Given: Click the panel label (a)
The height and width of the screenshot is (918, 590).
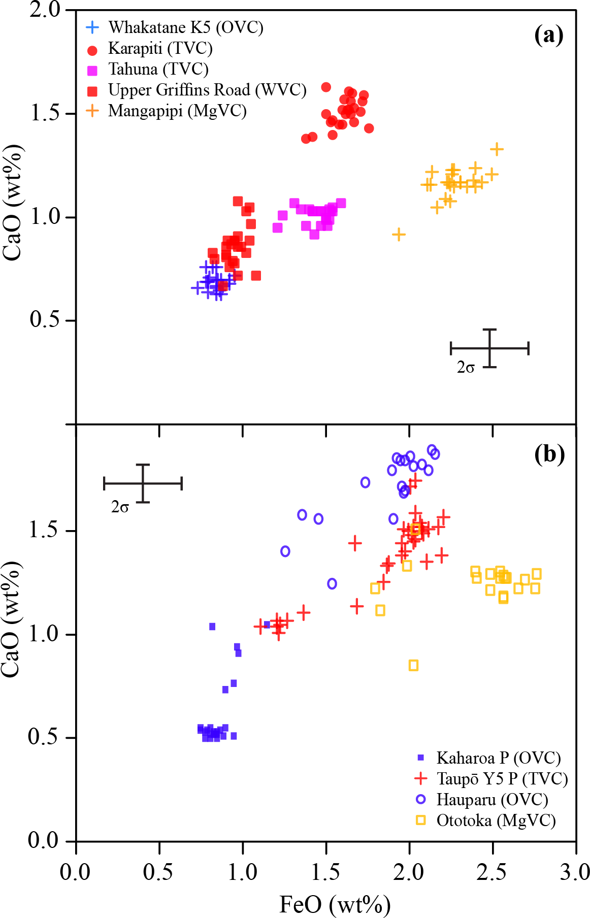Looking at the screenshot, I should pyautogui.click(x=549, y=35).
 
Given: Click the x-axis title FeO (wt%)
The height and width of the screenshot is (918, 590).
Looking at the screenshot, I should pyautogui.click(x=335, y=904).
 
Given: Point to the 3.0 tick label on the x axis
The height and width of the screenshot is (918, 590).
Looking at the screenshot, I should pyautogui.click(x=575, y=872).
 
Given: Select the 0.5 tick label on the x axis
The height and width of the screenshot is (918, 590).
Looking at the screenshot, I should pyautogui.click(x=159, y=872).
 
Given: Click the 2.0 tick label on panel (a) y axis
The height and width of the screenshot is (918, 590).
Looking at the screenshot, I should pyautogui.click(x=45, y=10).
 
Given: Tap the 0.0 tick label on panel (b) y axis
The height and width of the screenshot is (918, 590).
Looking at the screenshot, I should pyautogui.click(x=44, y=840).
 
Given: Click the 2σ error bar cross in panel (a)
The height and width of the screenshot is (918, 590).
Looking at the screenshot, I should pyautogui.click(x=489, y=348).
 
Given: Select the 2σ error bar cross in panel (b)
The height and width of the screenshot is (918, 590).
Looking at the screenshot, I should pyautogui.click(x=143, y=483).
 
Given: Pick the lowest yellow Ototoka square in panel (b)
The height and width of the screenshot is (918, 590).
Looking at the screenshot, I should pyautogui.click(x=413, y=665).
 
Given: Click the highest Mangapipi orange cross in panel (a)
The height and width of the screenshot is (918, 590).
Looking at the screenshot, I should pyautogui.click(x=497, y=149).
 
